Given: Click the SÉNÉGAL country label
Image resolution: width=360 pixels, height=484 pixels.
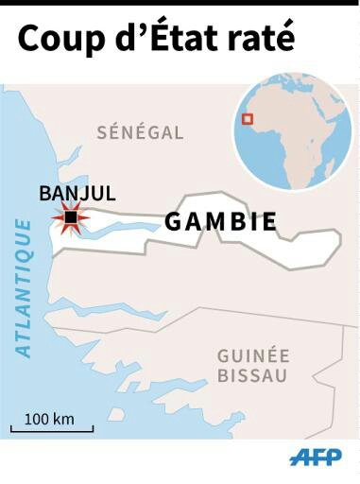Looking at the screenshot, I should pyautogui.click(x=140, y=133).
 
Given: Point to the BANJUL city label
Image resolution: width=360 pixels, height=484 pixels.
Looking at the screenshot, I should pyautogui.click(x=77, y=194).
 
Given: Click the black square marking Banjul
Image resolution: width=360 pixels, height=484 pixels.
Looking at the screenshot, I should pyautogui.click(x=71, y=218).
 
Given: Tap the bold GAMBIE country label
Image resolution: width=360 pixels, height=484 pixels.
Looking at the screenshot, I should pyautogui.click(x=221, y=222).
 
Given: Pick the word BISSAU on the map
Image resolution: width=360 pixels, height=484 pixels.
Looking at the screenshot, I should pyautogui.click(x=253, y=375).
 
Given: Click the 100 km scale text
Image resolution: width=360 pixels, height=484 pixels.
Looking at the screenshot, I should pyautogui.click(x=49, y=418).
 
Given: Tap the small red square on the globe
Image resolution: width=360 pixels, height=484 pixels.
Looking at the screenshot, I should pyautogui.click(x=248, y=119).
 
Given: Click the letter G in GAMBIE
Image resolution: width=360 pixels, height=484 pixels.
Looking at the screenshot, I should pyautogui.click(x=173, y=222).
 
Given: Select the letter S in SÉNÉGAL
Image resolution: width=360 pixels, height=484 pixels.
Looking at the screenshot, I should pyautogui.click(x=102, y=133).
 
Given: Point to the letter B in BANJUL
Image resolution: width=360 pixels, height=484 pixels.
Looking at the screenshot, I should pyautogui.click(x=44, y=194).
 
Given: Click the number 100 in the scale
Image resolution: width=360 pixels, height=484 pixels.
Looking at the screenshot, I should pyautogui.click(x=36, y=418).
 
